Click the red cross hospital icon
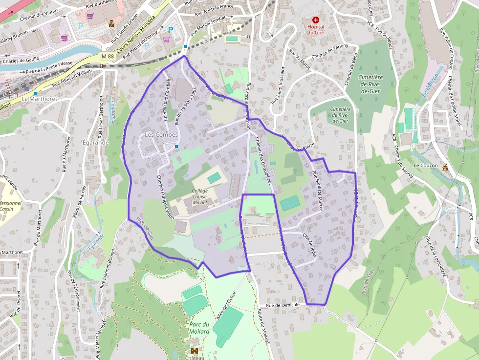(315, 19)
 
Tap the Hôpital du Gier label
(315, 29)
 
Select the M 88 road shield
(108, 57)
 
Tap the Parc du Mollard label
(199, 328)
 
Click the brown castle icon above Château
(194, 351)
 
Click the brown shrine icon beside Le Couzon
(445, 167)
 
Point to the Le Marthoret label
(40, 98)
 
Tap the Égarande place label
(95, 143)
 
